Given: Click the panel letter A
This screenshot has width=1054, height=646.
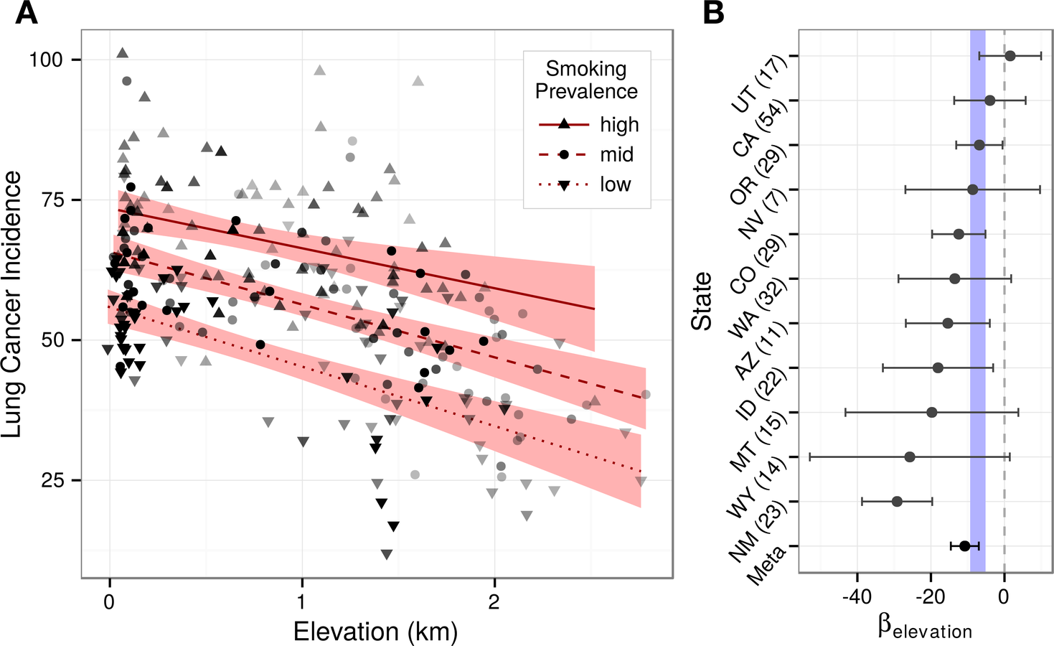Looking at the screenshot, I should (27, 13).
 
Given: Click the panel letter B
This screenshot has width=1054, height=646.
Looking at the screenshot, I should (713, 13).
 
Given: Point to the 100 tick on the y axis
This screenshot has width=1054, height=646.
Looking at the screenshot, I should (46, 60).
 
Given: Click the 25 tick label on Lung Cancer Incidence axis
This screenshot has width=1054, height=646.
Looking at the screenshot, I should (52, 480).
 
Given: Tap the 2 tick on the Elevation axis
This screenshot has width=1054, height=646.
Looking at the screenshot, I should (494, 601).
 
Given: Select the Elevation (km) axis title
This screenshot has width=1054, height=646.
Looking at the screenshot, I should (375, 632).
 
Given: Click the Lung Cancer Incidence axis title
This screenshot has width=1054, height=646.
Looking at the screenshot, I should (12, 304).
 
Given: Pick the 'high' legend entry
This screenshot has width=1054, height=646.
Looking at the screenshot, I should (618, 125).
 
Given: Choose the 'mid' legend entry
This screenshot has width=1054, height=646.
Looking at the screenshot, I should (616, 155).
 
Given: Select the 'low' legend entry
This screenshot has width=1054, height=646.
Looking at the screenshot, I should (615, 185).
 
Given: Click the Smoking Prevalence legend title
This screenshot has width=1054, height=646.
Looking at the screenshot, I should (586, 80).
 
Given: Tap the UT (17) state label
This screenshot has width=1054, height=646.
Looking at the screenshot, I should (759, 85).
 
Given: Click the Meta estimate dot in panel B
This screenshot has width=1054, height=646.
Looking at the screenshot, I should (965, 546).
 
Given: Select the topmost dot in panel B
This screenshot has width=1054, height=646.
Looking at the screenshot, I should (1010, 55).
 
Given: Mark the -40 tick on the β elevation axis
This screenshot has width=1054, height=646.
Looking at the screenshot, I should (857, 596).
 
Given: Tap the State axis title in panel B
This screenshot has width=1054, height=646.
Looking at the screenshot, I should (701, 301).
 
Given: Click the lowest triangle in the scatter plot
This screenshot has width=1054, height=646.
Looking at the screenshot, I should (387, 554).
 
